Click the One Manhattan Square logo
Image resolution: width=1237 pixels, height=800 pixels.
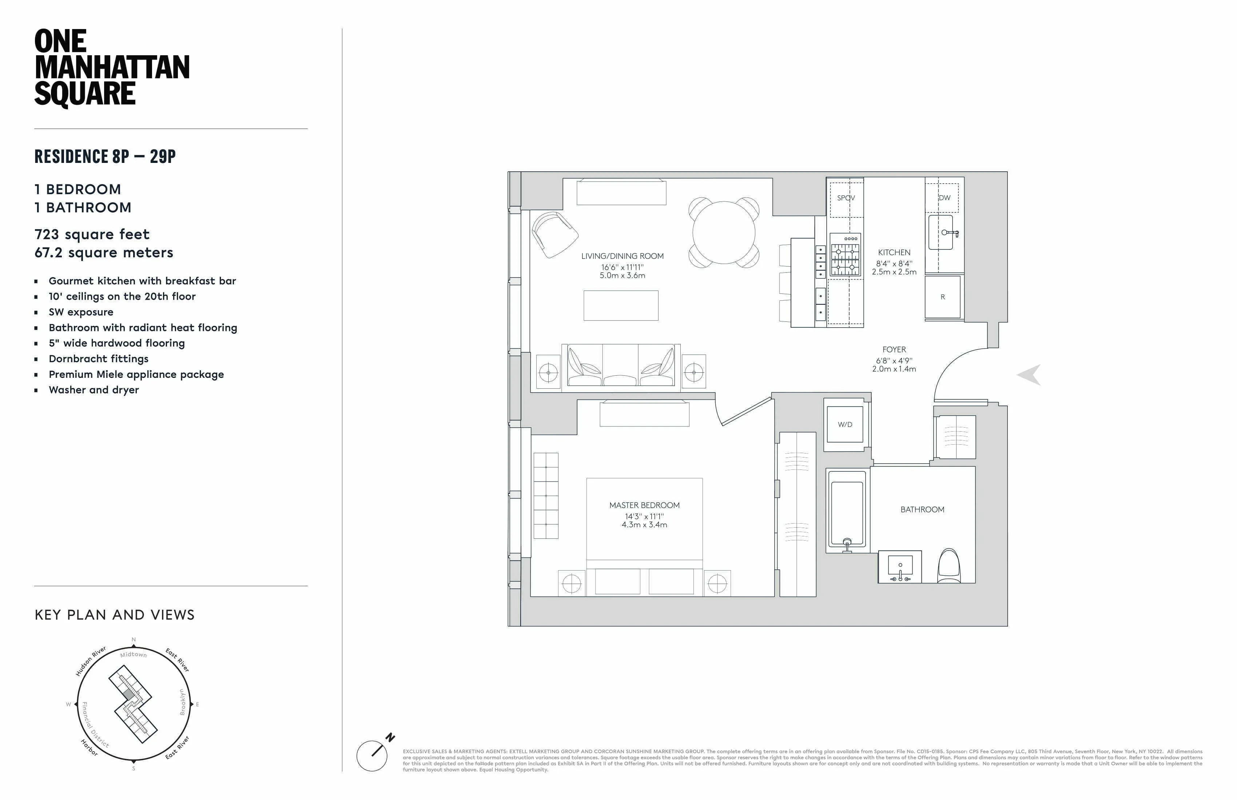pos(112,68)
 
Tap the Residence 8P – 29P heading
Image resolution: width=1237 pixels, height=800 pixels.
pos(105,156)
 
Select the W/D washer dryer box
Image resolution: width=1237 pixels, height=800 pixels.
pos(844,424)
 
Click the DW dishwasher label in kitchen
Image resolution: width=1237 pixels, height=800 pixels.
pos(944,198)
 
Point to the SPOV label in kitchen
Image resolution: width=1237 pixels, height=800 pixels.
pos(846,198)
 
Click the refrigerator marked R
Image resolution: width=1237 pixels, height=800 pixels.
pos(942,297)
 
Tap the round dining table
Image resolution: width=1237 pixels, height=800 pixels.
pos(724,232)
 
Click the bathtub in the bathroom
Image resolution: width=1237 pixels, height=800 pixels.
pos(847,512)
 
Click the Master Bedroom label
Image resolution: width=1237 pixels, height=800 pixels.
pos(644,505)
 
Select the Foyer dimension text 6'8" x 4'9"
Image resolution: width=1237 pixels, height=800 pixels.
pos(894,360)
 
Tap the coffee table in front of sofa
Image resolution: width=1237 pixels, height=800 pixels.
pos(621,305)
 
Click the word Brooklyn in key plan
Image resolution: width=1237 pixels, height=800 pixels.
pos(182,702)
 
